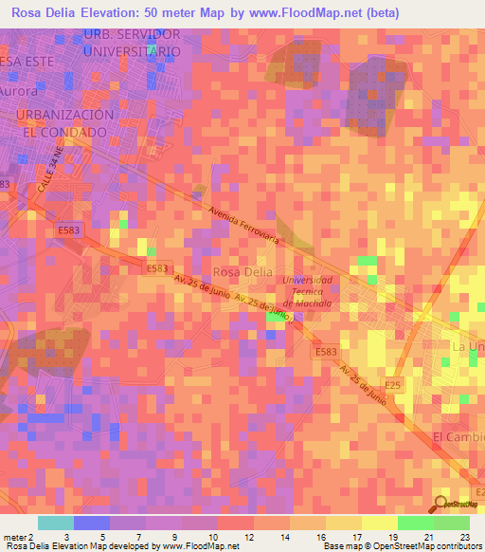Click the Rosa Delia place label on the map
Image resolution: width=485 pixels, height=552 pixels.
point(243,271)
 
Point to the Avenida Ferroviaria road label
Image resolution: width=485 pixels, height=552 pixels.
point(243,227)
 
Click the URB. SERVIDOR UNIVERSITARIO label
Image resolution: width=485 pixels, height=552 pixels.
point(132,43)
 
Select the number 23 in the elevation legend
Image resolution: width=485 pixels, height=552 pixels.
point(465,537)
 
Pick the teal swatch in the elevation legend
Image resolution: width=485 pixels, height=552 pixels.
point(55,523)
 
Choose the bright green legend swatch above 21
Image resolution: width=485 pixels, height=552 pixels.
point(415,523)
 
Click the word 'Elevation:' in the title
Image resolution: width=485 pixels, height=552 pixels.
point(124,13)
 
